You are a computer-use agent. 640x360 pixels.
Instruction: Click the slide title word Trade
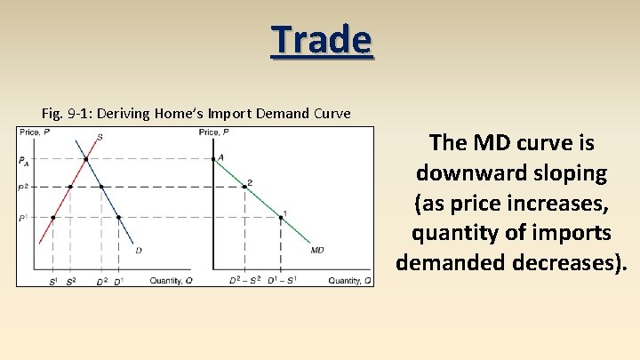(322, 40)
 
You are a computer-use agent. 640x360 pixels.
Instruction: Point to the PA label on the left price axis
(23, 160)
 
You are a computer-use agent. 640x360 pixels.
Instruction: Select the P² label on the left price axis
(23, 188)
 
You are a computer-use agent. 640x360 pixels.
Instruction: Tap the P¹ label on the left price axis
(23, 217)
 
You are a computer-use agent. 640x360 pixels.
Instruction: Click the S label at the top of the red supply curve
(99, 137)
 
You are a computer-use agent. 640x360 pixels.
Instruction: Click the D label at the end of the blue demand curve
(138, 251)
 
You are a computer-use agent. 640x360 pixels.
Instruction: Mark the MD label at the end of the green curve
(317, 251)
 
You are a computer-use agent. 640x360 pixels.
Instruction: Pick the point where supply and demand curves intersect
(85, 160)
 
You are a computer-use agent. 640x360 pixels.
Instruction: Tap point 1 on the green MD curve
(281, 217)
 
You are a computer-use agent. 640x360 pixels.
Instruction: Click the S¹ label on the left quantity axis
(53, 281)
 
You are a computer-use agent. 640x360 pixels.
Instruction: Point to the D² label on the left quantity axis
(100, 281)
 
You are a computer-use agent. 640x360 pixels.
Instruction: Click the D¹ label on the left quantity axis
(118, 281)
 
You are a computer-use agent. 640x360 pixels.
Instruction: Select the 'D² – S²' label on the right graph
(244, 281)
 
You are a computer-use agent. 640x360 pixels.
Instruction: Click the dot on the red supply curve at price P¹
(53, 217)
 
